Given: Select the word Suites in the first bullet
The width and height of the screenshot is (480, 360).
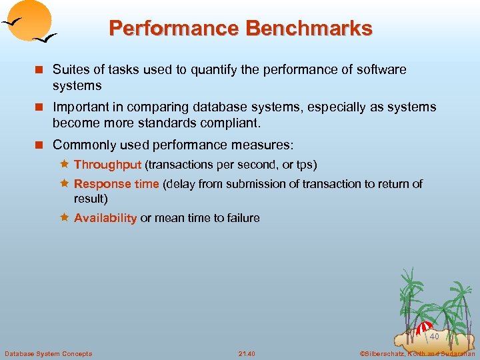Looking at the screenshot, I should (x=70, y=69).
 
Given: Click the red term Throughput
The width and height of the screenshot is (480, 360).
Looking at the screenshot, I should (x=107, y=165).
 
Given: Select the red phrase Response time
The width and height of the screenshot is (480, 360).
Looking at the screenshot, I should (x=116, y=184).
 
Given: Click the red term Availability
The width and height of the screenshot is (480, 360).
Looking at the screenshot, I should (x=105, y=218).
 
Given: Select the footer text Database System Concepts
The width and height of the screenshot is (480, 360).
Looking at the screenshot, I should (x=48, y=353).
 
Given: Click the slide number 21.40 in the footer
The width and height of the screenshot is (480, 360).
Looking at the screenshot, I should (x=247, y=353).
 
